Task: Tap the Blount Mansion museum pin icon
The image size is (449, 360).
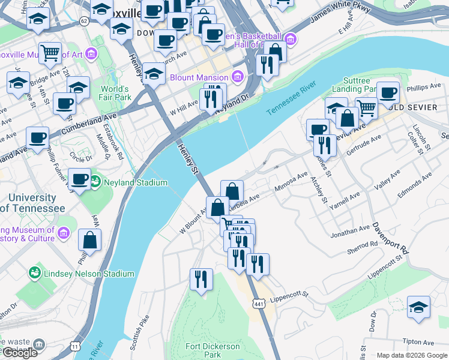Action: coord(238,77)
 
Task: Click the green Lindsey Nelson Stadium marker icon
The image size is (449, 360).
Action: coord(35,274)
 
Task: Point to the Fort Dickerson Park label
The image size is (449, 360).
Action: coord(211,350)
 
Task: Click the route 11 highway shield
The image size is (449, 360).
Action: coord(75,346)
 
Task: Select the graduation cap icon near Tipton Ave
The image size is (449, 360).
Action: coord(418,307)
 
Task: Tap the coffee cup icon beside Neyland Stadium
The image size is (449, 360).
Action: coord(79,179)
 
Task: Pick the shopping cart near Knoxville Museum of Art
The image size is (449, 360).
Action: coord(50,53)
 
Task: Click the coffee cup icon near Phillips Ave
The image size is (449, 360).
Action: coord(388,92)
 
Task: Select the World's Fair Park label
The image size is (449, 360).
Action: coord(115,93)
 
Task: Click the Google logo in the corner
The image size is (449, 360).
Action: coord(20,353)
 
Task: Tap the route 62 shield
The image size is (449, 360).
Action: coord(83,21)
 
